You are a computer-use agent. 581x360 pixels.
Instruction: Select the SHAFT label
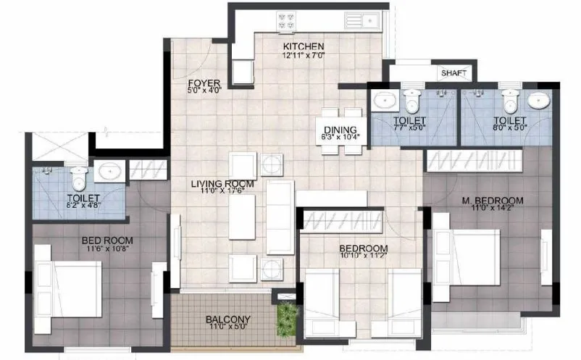[454, 73]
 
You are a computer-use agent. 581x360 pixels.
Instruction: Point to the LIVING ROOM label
[222, 184]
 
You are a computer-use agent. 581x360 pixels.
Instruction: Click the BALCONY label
[227, 319]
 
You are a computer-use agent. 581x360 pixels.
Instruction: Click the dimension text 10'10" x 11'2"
[363, 254]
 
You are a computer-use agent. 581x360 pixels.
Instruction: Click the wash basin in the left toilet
[109, 172]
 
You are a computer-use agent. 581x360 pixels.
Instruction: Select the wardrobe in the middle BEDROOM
[340, 219]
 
